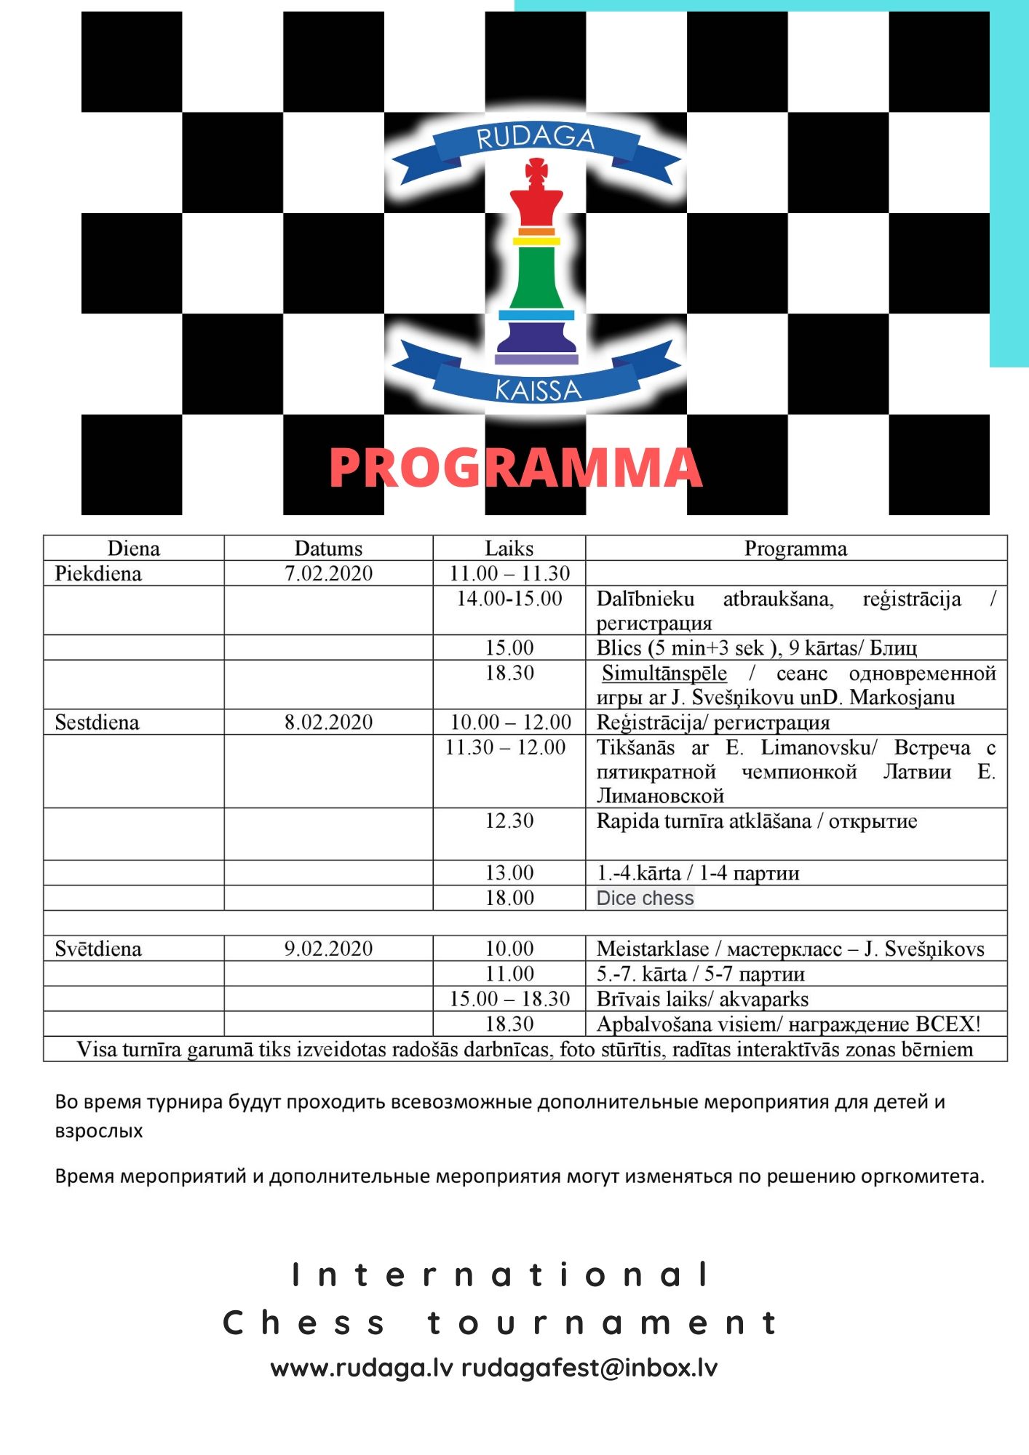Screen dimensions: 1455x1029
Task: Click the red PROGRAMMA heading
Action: pyautogui.click(x=515, y=468)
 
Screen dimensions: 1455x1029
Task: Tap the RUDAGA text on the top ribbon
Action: pyautogui.click(x=536, y=137)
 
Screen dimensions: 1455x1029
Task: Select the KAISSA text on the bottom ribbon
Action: pyautogui.click(x=538, y=391)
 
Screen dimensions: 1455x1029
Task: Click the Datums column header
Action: pyautogui.click(x=328, y=549)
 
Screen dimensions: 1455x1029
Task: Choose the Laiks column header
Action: pyautogui.click(x=509, y=549)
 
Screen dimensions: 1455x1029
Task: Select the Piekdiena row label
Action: pyautogui.click(x=98, y=573)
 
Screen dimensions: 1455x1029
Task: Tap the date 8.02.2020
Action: pyautogui.click(x=328, y=722)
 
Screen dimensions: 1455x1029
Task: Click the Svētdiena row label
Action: pyautogui.click(x=98, y=949)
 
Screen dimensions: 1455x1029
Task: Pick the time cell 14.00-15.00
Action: pyautogui.click(x=509, y=599)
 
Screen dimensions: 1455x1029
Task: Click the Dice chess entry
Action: pyautogui.click(x=645, y=898)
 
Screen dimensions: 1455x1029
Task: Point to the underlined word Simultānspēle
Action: pyautogui.click(x=664, y=673)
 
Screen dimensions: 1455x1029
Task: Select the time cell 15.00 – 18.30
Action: pyautogui.click(x=509, y=999)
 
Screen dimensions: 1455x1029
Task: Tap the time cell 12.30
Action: pyautogui.click(x=509, y=821)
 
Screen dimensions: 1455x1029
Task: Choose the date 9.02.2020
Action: pyautogui.click(x=328, y=949)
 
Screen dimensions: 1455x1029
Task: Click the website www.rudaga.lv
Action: pyautogui.click(x=362, y=1368)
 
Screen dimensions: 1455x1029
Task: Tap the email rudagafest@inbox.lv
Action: pyautogui.click(x=589, y=1368)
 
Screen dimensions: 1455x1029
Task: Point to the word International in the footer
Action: pyautogui.click(x=501, y=1275)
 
